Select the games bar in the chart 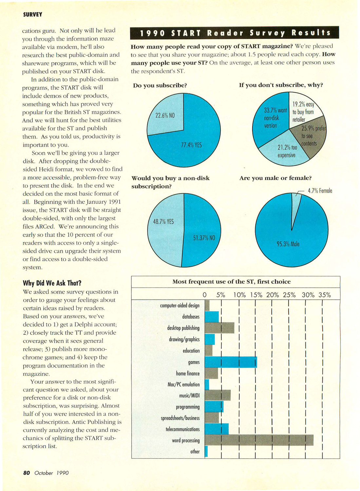pos(231,362)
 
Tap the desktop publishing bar pos(219,328)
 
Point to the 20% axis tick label pos(273,295)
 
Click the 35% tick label pos(325,295)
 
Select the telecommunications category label pos(182,429)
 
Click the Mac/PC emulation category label pos(183,385)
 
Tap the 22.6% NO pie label pos(165,115)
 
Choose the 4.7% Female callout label pos(320,191)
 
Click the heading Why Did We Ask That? pos(52,283)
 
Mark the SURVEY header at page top pos(32,15)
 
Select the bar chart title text pos(232,282)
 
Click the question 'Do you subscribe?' pos(160,85)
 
